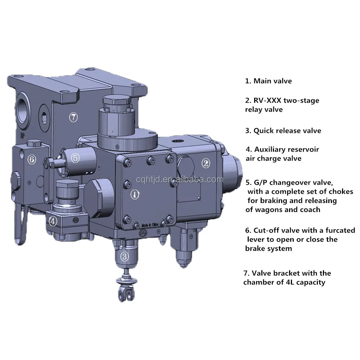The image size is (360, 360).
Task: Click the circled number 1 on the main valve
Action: (x=135, y=194)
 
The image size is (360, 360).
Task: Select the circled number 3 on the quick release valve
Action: (x=124, y=256)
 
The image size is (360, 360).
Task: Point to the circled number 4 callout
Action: (x=53, y=222)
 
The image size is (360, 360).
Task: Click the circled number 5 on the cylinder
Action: (x=75, y=157)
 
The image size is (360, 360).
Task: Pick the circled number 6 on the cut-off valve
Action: (x=32, y=159)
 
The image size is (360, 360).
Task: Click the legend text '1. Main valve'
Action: (x=268, y=81)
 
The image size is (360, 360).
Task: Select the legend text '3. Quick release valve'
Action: (x=283, y=131)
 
